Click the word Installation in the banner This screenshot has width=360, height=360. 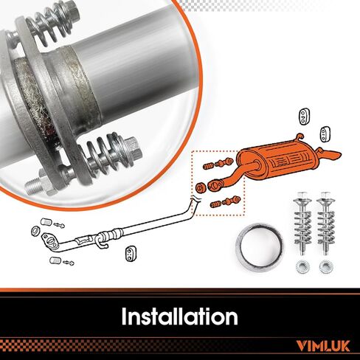179,317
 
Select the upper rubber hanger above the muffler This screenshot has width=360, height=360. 305,117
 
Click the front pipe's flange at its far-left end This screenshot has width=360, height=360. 50,238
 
